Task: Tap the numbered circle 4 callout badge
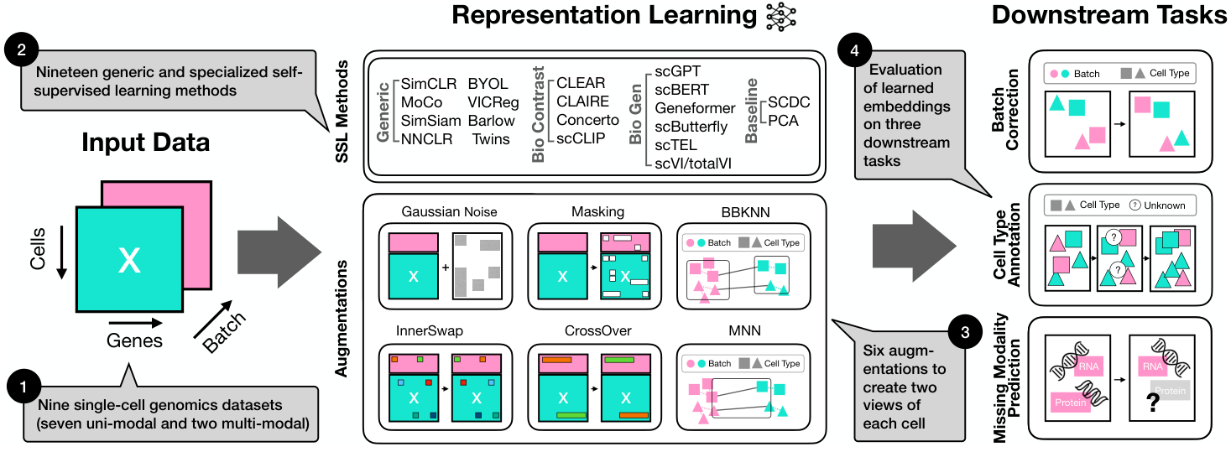point(854,50)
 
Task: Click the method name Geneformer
point(695,108)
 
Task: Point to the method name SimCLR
point(428,84)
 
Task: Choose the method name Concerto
point(587,121)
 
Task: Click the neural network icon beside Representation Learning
point(781,17)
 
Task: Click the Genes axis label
point(134,341)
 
